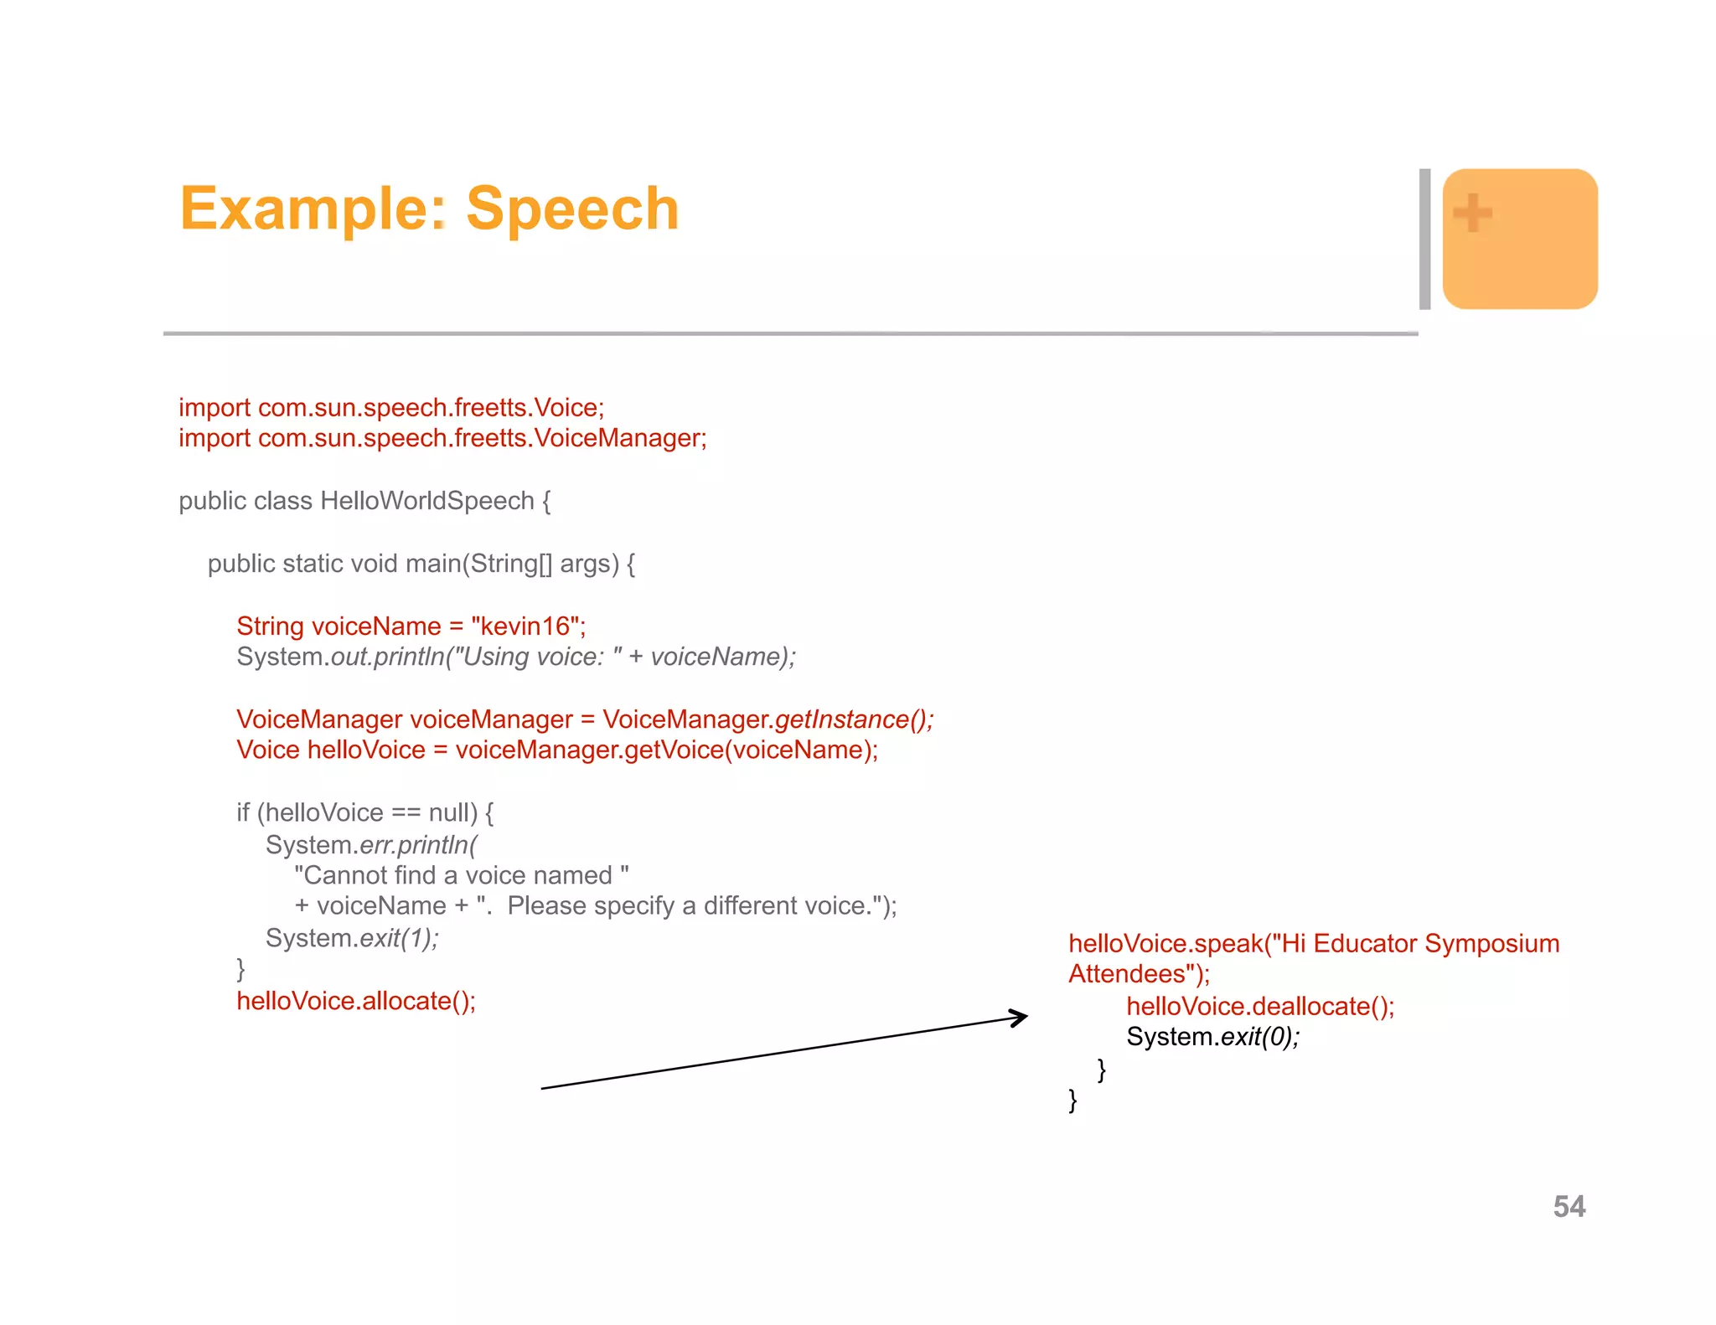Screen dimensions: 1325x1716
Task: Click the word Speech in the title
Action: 572,209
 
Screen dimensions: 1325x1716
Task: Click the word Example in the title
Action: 305,209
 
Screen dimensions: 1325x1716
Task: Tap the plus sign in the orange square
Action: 1472,212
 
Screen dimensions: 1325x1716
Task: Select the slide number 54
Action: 1569,1206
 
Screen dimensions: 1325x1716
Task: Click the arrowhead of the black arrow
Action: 1021,1018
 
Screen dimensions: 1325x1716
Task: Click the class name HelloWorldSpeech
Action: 427,501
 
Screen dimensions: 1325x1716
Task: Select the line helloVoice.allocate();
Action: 356,1001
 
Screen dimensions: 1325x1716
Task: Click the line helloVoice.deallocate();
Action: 1260,1006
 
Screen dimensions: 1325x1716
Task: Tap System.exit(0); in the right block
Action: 1212,1037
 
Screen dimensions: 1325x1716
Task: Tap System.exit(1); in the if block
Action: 352,938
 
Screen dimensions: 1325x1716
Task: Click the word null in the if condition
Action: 449,812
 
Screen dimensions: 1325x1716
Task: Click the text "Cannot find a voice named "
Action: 461,875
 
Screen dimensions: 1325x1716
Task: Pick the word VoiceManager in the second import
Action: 618,438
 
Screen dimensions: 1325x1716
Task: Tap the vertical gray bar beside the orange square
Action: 1424,239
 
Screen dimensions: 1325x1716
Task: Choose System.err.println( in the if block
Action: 371,845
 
